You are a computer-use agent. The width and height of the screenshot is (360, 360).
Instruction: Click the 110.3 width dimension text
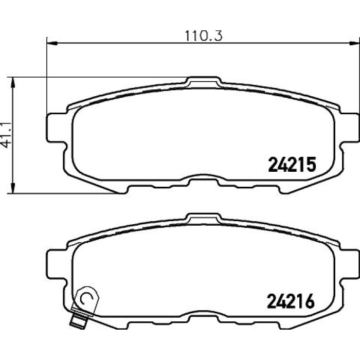coord(204,36)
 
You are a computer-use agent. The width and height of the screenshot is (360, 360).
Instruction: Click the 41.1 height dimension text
coord(7,135)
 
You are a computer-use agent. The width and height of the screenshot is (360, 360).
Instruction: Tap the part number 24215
coord(292,165)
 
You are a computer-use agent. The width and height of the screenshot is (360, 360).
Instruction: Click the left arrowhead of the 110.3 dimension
coord(51,43)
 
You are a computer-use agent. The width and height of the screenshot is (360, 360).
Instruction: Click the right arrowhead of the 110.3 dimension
coord(354,43)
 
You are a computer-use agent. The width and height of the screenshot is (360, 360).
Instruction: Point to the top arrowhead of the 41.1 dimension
coord(13,82)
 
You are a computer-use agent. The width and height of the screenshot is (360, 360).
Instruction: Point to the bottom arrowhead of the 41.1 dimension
coord(13,188)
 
